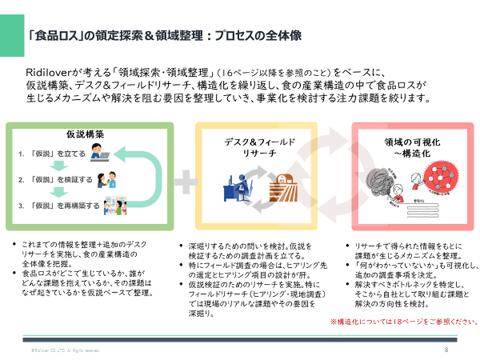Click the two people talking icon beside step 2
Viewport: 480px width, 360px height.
pos(106,180)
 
